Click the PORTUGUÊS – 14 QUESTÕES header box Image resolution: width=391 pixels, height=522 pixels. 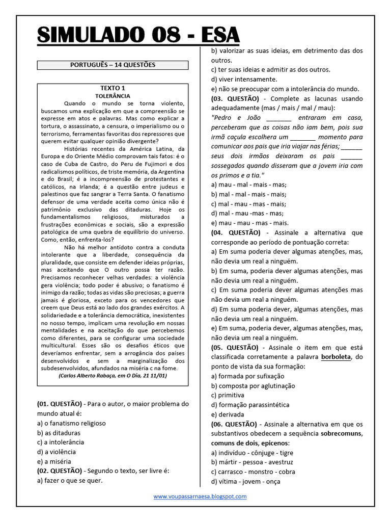click(113, 65)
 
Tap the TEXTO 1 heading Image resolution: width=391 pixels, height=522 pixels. click(113, 88)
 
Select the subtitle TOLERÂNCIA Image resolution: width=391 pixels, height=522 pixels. click(113, 95)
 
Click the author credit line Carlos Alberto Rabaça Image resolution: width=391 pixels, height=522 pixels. click(113, 375)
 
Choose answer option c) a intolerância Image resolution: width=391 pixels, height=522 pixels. click(61, 442)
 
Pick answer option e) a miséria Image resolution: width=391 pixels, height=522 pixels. click(54, 461)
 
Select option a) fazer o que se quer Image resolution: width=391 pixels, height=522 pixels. click(70, 480)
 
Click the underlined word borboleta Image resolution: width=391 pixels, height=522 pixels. click(336, 357)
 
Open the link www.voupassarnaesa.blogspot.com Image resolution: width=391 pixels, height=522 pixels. click(200, 496)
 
